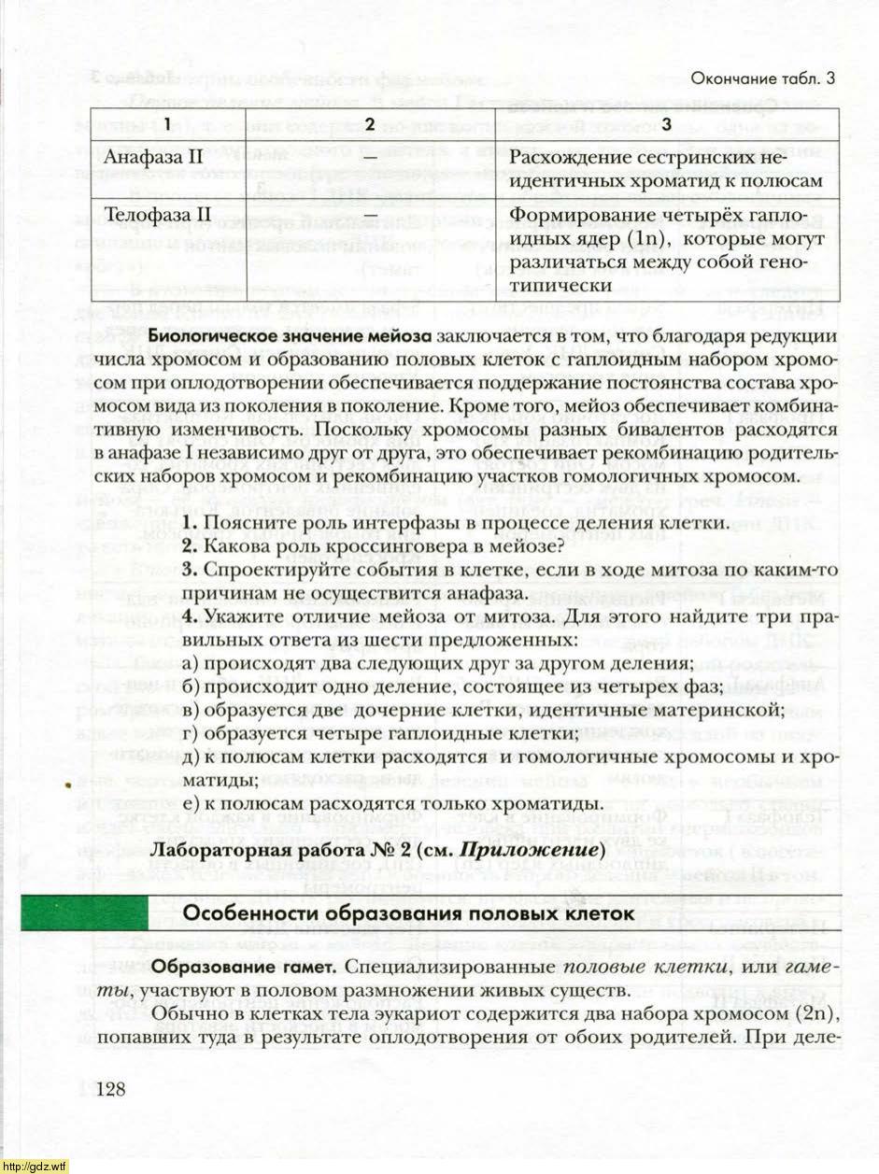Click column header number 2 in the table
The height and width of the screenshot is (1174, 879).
tap(370, 124)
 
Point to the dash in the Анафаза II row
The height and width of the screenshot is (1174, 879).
tap(370, 156)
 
